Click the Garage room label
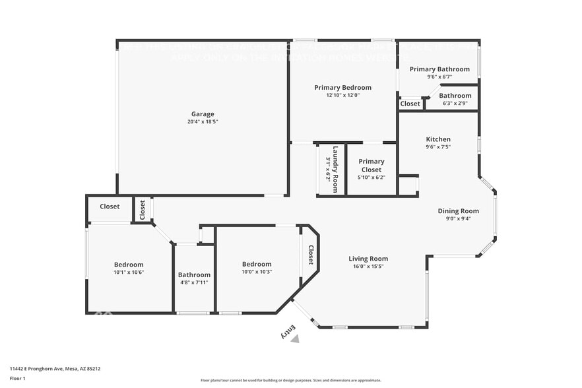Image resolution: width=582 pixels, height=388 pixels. pyautogui.click(x=203, y=114)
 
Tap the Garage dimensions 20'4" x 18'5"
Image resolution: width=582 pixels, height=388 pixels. pyautogui.click(x=203, y=122)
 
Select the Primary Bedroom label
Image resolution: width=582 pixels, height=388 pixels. pyautogui.click(x=342, y=87)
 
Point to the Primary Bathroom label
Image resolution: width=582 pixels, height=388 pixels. pyautogui.click(x=439, y=69)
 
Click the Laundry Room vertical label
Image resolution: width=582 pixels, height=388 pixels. pyautogui.click(x=335, y=169)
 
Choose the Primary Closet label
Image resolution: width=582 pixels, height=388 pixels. pyautogui.click(x=372, y=166)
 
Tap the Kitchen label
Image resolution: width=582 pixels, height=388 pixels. pyautogui.click(x=438, y=139)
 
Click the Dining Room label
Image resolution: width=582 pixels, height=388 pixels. pyautogui.click(x=458, y=211)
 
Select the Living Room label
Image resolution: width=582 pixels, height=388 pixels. pyautogui.click(x=368, y=259)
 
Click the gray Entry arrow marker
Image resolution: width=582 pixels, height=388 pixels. pyautogui.click(x=295, y=339)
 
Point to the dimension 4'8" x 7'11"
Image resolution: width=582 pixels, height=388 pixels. pyautogui.click(x=194, y=282)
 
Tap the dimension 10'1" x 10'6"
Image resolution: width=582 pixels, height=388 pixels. pyautogui.click(x=129, y=272)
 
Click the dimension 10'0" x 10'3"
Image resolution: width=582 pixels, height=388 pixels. pyautogui.click(x=256, y=272)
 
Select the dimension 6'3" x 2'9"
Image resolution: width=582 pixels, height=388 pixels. pyautogui.click(x=455, y=103)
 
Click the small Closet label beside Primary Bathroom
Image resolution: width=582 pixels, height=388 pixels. pyautogui.click(x=410, y=104)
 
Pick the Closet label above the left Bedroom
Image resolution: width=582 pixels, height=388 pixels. pyautogui.click(x=110, y=207)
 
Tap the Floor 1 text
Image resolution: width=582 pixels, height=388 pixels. pyautogui.click(x=18, y=378)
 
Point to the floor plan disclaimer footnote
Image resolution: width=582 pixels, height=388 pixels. pyautogui.click(x=290, y=380)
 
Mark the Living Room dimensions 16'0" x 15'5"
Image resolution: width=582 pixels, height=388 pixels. pyautogui.click(x=368, y=267)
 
